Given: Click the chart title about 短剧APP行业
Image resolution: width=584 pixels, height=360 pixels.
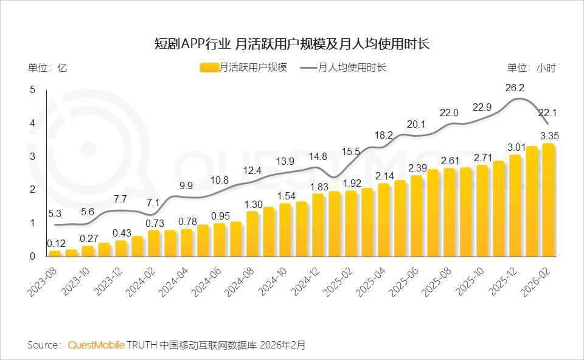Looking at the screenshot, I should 292,43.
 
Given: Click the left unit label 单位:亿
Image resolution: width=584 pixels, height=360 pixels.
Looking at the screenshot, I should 47,68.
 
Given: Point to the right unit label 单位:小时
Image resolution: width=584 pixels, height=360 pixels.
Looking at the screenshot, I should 531,68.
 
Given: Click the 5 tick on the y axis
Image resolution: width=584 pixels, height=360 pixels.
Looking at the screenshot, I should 32,90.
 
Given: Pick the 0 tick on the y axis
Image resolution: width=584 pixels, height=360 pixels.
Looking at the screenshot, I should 32,256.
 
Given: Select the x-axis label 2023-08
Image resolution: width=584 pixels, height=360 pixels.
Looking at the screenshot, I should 44,282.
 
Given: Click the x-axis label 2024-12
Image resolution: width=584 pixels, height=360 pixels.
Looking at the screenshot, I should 307,282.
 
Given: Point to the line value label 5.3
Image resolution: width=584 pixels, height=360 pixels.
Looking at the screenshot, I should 55,213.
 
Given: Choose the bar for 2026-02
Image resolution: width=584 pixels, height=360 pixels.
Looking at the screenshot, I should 548,201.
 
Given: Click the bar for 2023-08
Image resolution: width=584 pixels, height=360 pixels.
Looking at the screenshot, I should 55,253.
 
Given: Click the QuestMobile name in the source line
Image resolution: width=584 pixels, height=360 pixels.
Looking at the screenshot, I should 96,345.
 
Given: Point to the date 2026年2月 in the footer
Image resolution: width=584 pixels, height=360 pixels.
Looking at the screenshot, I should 282,345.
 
